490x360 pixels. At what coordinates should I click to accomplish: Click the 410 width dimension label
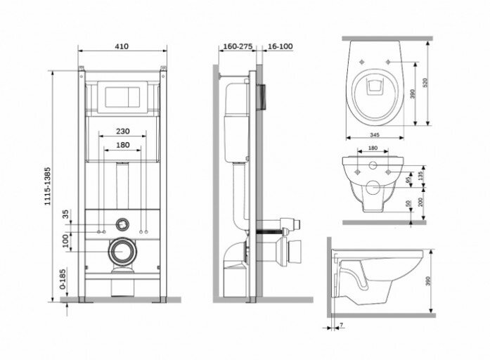pos(122,46)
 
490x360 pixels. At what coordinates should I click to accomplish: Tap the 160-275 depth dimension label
pos(237,46)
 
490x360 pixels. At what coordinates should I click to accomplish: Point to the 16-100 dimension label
pos(281,46)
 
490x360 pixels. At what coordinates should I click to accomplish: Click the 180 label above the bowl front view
pos(373,149)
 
